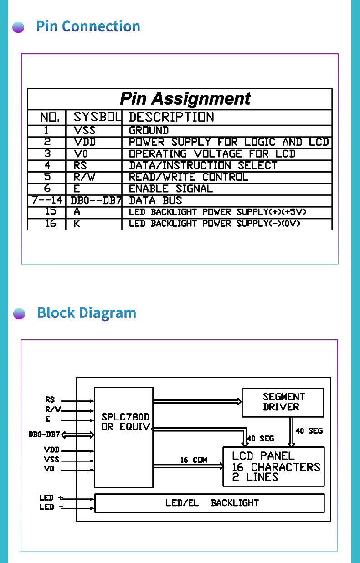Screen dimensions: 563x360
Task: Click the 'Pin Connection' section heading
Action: tap(88, 26)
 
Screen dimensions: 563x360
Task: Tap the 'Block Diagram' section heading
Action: tap(87, 313)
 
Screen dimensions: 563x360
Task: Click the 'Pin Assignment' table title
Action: tap(185, 99)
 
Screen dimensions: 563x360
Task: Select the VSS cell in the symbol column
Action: tap(85, 130)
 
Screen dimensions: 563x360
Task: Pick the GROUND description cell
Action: tap(149, 130)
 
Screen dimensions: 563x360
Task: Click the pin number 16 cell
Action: tap(51, 224)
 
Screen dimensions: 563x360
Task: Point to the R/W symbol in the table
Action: tap(84, 177)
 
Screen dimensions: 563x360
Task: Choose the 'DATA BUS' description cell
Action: tap(156, 200)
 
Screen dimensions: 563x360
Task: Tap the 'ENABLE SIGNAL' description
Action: tap(171, 189)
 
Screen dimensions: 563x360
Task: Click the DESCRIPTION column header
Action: tap(171, 117)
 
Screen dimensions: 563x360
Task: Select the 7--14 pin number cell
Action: tap(47, 200)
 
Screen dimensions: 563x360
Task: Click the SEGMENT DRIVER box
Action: tap(283, 402)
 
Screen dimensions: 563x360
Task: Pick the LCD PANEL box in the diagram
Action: tap(273, 466)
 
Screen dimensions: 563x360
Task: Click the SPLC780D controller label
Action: tap(125, 417)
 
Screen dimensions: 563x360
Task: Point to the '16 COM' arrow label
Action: tap(193, 460)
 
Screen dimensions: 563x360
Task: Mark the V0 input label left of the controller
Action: tap(49, 469)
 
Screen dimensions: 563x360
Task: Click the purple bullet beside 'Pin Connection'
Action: tap(18, 27)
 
